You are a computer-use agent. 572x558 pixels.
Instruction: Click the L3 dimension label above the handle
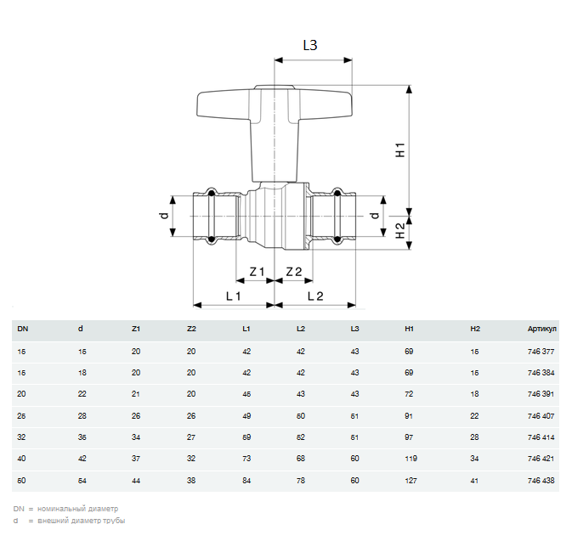(x=309, y=46)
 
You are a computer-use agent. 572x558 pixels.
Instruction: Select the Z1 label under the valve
(x=257, y=272)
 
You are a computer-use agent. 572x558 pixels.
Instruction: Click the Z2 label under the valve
(x=294, y=272)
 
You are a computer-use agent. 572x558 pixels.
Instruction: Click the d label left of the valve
(x=164, y=217)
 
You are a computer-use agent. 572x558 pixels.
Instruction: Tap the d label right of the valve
(x=374, y=217)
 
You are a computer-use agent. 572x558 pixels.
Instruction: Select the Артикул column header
(x=541, y=328)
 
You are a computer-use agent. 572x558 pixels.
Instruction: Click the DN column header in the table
(x=22, y=328)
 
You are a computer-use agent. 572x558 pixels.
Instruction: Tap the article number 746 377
(x=541, y=350)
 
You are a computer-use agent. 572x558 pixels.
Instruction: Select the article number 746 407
(x=541, y=416)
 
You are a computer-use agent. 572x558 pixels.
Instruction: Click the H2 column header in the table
(x=475, y=328)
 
